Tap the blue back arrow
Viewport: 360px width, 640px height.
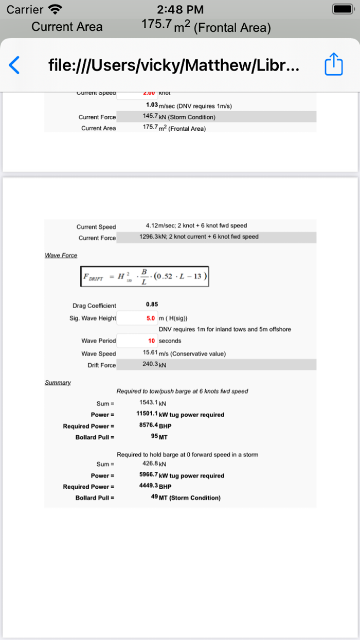pyautogui.click(x=14, y=65)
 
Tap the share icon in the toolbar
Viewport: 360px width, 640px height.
pyautogui.click(x=333, y=65)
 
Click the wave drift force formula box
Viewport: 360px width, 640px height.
pyautogui.click(x=145, y=276)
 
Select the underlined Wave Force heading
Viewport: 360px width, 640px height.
pyautogui.click(x=61, y=255)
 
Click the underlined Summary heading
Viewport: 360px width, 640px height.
pyautogui.click(x=58, y=383)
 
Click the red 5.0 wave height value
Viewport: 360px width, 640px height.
pyautogui.click(x=151, y=318)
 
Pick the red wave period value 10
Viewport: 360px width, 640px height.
pyautogui.click(x=152, y=341)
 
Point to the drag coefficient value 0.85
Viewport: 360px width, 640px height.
pyautogui.click(x=152, y=305)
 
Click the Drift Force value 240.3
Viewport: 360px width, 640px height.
pyautogui.click(x=150, y=364)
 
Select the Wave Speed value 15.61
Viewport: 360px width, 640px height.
pyautogui.click(x=150, y=353)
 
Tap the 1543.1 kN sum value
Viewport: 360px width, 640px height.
pyautogui.click(x=149, y=403)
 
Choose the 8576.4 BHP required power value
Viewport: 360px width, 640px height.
pyautogui.click(x=149, y=425)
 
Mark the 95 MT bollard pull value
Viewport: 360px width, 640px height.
pyautogui.click(x=154, y=437)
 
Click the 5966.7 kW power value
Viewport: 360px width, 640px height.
pyautogui.click(x=149, y=475)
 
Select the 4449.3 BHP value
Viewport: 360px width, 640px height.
pyautogui.click(x=149, y=486)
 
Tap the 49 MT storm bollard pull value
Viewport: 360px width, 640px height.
pyautogui.click(x=154, y=497)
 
